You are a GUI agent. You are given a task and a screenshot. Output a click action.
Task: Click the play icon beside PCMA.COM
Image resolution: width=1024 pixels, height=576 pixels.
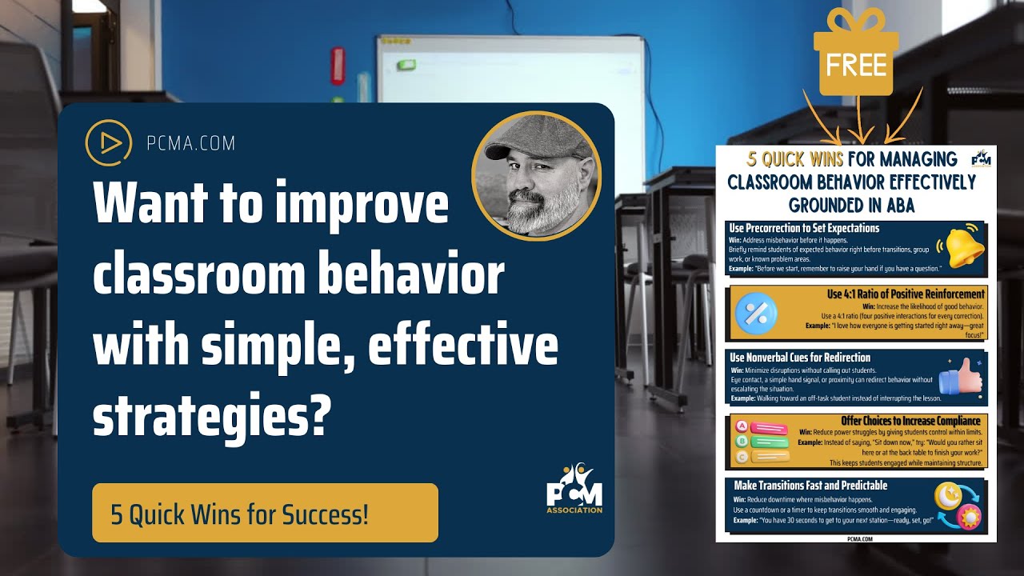(x=108, y=143)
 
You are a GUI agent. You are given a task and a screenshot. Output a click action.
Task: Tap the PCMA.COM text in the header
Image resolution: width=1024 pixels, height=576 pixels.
(x=191, y=144)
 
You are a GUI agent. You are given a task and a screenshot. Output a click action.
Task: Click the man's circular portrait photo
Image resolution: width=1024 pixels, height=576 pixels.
(x=535, y=175)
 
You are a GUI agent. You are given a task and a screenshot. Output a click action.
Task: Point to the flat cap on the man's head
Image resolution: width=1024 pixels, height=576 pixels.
(x=534, y=139)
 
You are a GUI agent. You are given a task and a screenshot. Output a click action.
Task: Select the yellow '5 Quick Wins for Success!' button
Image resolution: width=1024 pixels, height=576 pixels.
(x=265, y=513)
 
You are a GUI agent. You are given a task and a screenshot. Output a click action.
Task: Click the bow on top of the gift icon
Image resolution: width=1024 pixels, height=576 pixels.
(x=855, y=21)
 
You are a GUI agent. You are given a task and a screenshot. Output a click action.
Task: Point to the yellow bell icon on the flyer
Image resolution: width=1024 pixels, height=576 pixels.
(x=963, y=247)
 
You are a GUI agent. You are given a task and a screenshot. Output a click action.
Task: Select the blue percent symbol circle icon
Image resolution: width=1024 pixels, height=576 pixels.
(x=756, y=313)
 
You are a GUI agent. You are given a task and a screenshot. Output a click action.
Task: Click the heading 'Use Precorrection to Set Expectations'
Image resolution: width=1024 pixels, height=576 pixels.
(x=804, y=228)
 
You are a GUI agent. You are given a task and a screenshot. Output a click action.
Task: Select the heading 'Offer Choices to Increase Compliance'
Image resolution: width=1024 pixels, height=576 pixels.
(x=910, y=421)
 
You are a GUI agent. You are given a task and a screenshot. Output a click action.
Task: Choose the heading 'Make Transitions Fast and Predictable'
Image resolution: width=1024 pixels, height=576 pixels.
(x=810, y=485)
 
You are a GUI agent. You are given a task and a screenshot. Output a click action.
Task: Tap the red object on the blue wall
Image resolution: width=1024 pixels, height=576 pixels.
(x=338, y=66)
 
